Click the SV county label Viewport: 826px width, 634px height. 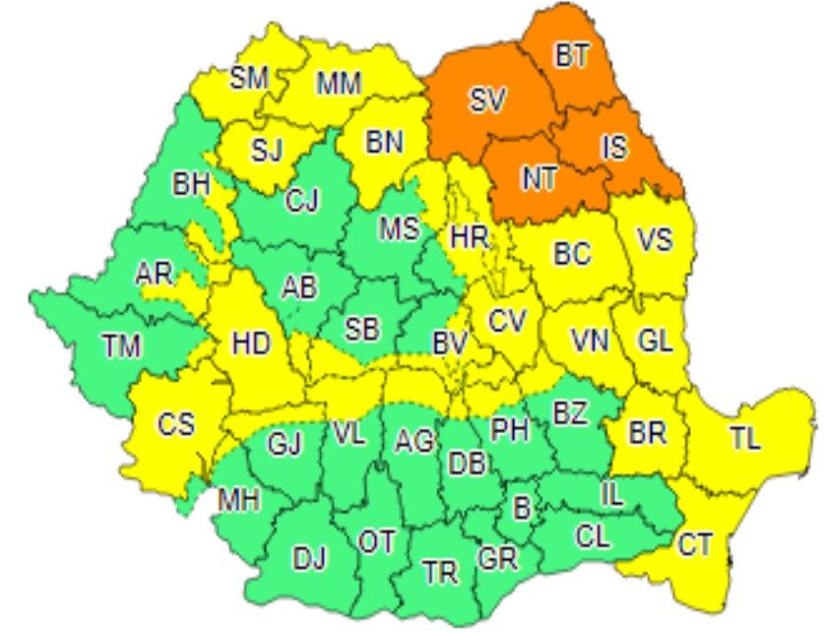[486, 99]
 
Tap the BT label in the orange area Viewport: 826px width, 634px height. [571, 56]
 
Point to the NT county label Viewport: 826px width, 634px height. [538, 178]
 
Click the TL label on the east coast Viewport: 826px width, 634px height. [745, 439]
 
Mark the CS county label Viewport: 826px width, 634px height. [176, 426]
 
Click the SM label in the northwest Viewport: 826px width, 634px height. [249, 78]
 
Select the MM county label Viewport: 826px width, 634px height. [338, 85]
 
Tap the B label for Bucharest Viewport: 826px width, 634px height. [522, 508]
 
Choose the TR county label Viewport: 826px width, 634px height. [439, 571]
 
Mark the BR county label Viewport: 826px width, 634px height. [646, 432]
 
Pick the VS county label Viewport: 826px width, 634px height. [655, 239]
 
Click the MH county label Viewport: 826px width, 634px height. [238, 501]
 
